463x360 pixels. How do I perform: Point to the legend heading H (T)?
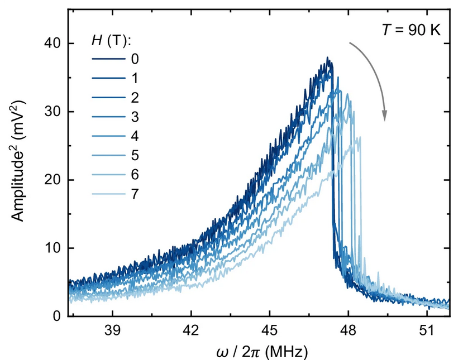pyautogui.click(x=112, y=40)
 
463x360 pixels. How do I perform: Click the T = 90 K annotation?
pyautogui.click(x=415, y=30)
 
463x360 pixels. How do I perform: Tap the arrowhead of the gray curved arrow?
pyautogui.click(x=385, y=116)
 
